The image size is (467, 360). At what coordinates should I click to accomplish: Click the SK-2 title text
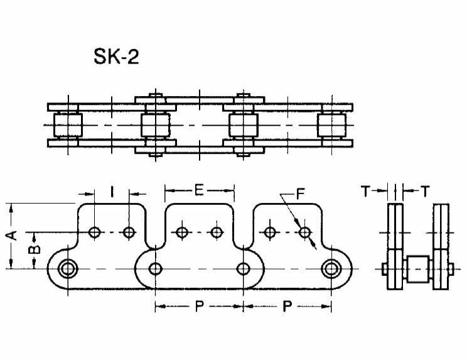pos(116,58)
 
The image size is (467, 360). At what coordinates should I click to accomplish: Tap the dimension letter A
pos(11,236)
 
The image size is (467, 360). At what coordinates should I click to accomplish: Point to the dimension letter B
pos(36,249)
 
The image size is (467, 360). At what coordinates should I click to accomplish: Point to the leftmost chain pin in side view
pos(66,270)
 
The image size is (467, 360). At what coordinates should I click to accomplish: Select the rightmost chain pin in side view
pos(330,270)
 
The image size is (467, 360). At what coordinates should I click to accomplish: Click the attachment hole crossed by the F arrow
pos(305,233)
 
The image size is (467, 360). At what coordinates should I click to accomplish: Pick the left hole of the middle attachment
pos(182,233)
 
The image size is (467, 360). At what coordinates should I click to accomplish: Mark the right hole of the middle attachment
pos(217,233)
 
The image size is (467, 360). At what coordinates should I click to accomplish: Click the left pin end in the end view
pos(384,270)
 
